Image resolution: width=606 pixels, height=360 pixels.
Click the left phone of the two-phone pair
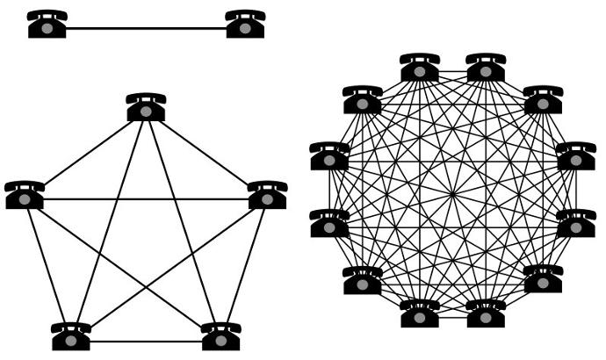(x=47, y=24)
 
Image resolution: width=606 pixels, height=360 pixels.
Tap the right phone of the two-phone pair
(x=245, y=24)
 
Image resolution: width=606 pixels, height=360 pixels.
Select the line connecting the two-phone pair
(x=146, y=29)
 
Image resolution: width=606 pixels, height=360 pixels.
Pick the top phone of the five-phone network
(x=146, y=106)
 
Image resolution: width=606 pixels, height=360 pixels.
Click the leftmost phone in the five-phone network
(x=25, y=194)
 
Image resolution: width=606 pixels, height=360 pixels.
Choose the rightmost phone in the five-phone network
(x=267, y=194)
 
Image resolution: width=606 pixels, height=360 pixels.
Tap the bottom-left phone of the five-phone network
(x=71, y=336)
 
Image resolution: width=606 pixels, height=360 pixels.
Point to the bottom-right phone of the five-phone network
(x=221, y=336)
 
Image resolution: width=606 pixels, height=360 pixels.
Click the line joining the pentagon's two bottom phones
(x=146, y=341)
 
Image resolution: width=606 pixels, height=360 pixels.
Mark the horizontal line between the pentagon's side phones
(x=146, y=199)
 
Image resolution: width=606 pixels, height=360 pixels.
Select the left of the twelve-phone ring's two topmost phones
(x=420, y=67)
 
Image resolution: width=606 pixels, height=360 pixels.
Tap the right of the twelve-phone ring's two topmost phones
(x=486, y=67)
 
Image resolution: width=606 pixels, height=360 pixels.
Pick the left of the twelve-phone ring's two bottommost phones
(x=420, y=313)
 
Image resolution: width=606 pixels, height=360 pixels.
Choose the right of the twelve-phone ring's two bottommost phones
(x=486, y=313)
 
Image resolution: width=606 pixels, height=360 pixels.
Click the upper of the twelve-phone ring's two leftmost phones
(x=329, y=156)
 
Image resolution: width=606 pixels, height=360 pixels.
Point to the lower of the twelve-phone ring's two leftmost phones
(x=329, y=223)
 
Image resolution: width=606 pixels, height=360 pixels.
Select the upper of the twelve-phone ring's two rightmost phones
(x=576, y=156)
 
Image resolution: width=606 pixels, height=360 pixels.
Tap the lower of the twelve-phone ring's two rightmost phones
(x=576, y=223)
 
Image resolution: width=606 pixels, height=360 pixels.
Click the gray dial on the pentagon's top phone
(x=146, y=111)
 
